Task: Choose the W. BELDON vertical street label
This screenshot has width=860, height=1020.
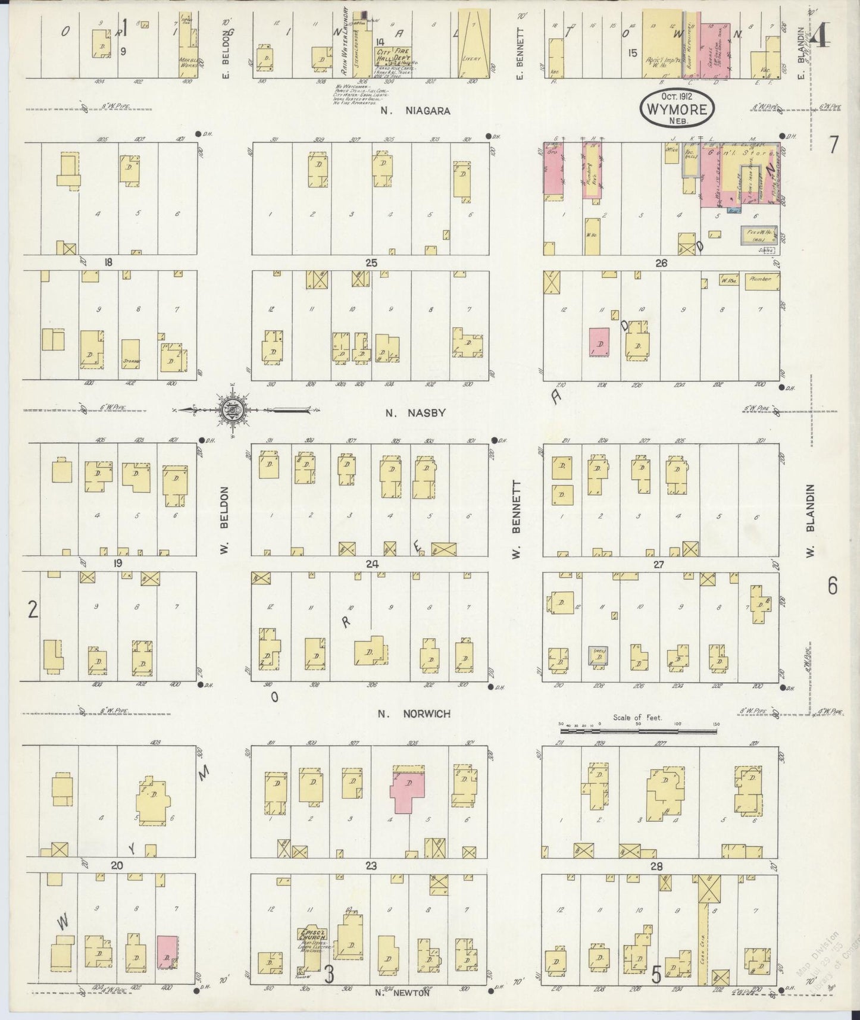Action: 226,518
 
